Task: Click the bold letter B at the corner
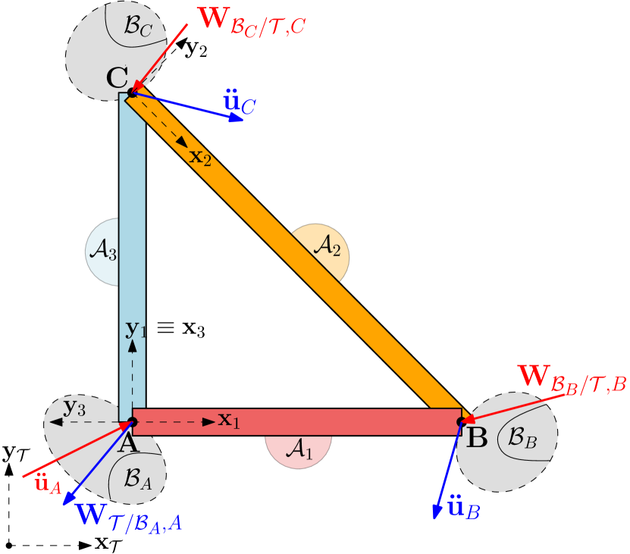(475, 438)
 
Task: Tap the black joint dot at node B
(461, 421)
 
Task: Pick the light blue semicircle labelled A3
(102, 252)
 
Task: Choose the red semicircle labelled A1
(299, 451)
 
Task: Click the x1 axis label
(229, 419)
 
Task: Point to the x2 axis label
(201, 157)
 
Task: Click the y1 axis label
(135, 329)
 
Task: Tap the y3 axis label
(74, 407)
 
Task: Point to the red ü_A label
(47, 483)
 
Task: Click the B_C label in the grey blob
(138, 28)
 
